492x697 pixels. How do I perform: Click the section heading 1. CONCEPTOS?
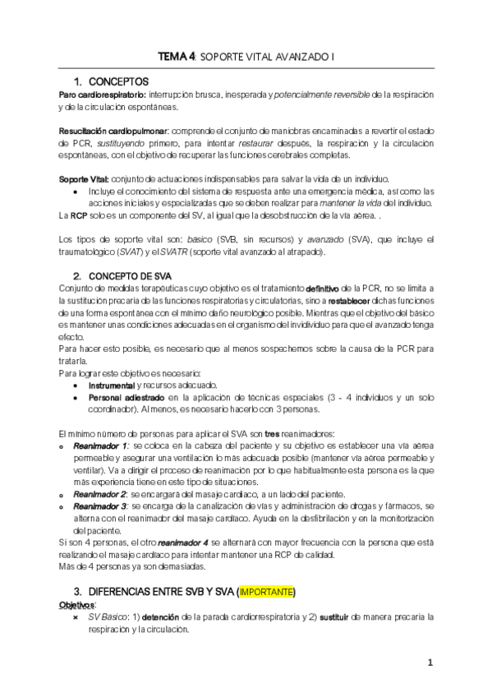coord(110,81)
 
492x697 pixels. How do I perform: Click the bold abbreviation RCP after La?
coord(79,215)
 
